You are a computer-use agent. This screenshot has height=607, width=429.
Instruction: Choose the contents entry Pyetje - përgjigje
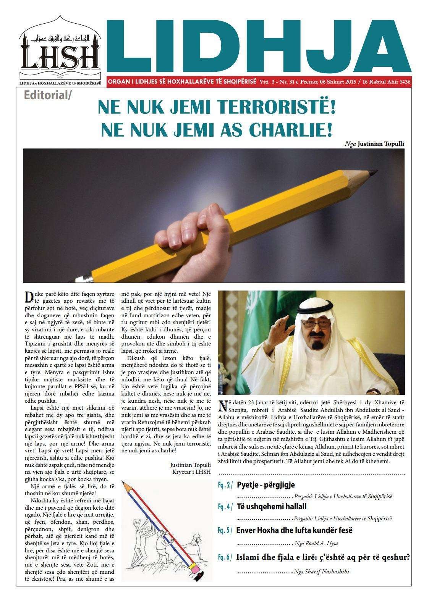click(x=266, y=485)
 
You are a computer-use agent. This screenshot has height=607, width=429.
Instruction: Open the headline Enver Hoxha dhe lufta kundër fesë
click(x=294, y=530)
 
